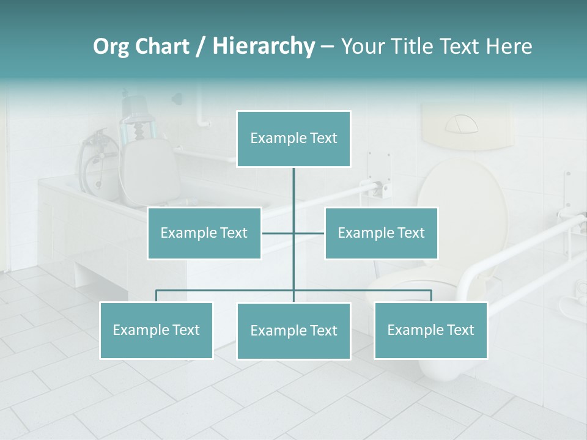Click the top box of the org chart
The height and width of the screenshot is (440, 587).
293,139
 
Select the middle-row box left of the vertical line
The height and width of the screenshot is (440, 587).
204,233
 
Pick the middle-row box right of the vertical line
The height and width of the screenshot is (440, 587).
381,233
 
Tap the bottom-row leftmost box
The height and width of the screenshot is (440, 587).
157,330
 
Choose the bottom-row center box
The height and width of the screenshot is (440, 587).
293,331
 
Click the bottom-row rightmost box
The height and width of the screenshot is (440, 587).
430,330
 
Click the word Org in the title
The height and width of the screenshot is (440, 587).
111,46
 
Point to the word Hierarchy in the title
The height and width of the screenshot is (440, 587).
264,46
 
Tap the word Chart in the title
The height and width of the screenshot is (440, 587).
161,46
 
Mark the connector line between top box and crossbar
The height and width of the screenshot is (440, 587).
293,199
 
